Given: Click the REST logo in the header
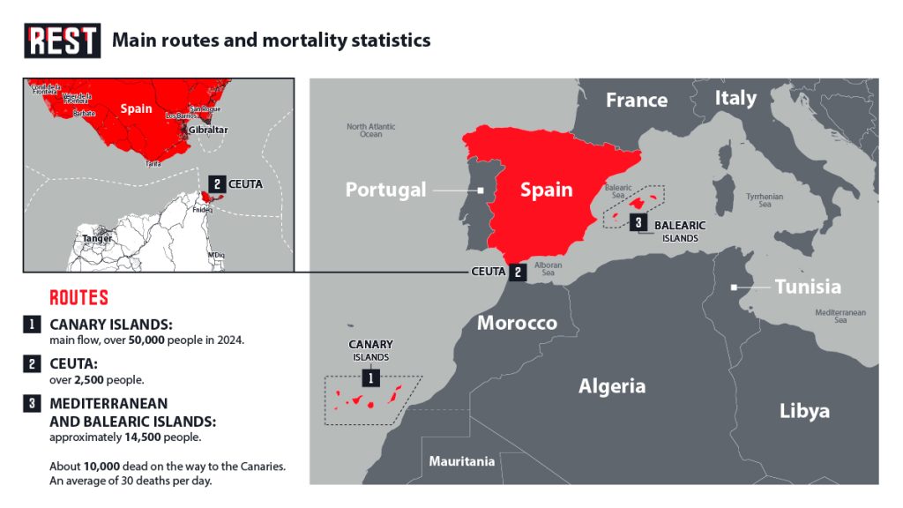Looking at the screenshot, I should (62, 41).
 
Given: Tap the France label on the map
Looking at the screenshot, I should (636, 101).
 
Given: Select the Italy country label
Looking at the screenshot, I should (735, 98).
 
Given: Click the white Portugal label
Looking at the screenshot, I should (385, 190).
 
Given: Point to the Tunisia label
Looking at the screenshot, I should (807, 287).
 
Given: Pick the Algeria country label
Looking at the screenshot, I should (611, 386).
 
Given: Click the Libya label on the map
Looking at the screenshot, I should (804, 411).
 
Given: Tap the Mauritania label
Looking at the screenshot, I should (461, 461).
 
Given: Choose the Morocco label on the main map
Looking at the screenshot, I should (517, 323).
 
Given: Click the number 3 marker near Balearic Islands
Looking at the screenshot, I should (638, 222).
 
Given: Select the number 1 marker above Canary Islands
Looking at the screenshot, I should (372, 378).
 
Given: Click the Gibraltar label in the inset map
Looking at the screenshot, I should (206, 130).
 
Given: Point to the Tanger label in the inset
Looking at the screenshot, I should (97, 238).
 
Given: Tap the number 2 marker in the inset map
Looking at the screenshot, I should (216, 183).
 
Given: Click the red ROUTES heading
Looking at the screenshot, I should (79, 297).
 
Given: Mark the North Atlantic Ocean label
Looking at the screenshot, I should (370, 131).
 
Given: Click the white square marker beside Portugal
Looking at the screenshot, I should (481, 190).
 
